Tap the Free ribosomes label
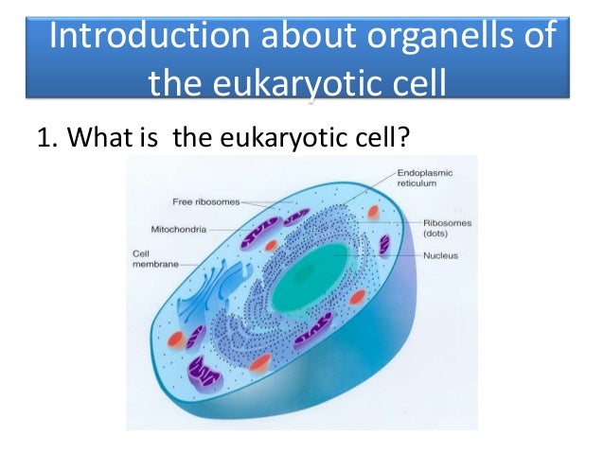click(205, 201)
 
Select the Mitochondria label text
click(181, 229)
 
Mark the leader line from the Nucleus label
click(379, 255)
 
